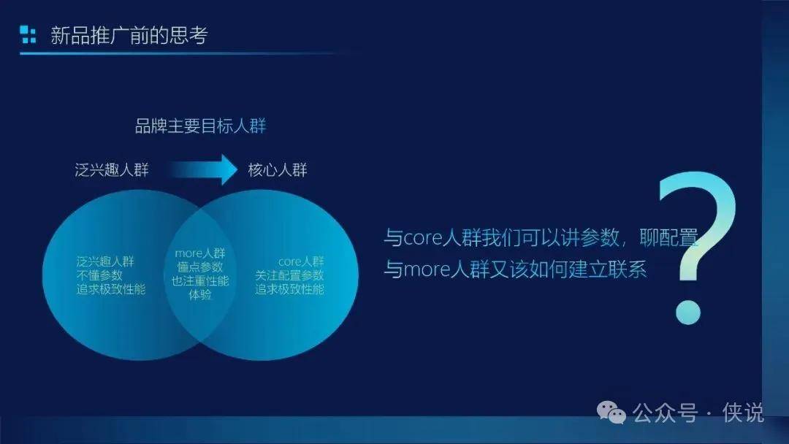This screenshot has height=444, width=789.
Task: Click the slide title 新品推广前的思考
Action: (129, 35)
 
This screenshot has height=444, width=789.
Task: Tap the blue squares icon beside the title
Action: (28, 34)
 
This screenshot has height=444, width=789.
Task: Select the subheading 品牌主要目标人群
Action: (200, 126)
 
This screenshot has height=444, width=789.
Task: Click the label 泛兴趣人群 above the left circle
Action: (112, 170)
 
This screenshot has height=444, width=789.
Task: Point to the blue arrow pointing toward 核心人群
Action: (203, 169)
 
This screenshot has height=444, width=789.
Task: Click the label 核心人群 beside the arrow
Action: (278, 170)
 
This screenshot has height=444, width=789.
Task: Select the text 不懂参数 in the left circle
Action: (99, 275)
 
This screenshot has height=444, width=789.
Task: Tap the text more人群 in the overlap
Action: (199, 253)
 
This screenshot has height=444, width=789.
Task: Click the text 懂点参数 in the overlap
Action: (199, 267)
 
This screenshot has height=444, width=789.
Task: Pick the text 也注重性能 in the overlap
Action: (199, 280)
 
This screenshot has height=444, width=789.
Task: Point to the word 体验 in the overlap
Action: (199, 294)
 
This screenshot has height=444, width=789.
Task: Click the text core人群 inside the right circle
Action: (301, 261)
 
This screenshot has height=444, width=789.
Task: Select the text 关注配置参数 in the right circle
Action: (289, 275)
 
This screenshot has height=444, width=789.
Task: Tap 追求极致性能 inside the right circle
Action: (289, 289)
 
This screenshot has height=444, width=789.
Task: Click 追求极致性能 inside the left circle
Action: (111, 289)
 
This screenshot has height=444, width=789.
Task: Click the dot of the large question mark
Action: (687, 312)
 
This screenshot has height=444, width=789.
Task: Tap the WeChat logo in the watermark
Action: (611, 413)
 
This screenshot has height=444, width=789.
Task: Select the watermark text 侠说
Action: (743, 413)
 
